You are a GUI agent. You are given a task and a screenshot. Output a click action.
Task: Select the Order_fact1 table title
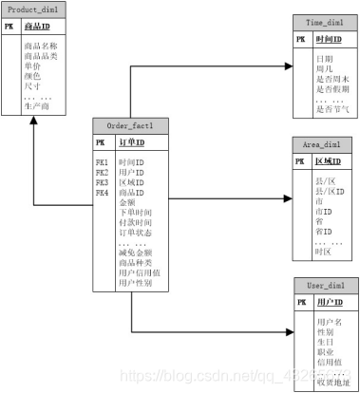click(130, 125)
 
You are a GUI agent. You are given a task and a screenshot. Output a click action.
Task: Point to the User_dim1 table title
click(321, 285)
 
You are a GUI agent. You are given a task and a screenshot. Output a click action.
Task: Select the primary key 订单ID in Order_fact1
click(131, 142)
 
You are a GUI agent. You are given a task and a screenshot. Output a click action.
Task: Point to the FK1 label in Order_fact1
click(101, 163)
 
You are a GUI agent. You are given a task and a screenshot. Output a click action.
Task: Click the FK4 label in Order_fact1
click(101, 193)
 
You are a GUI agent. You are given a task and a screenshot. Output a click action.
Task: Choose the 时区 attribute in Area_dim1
click(323, 251)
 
